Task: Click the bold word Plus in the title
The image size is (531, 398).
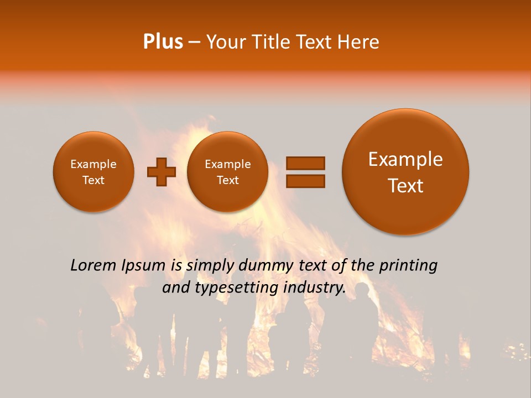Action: click(x=163, y=42)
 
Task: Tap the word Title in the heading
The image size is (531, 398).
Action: click(x=272, y=42)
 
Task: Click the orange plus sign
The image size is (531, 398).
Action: click(x=162, y=172)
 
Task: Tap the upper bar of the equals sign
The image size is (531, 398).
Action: click(x=305, y=163)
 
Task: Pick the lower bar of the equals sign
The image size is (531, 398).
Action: click(x=305, y=180)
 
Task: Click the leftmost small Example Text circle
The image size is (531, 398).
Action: click(x=93, y=172)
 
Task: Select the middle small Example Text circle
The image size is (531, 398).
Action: click(x=227, y=172)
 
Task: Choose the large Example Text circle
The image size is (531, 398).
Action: click(x=405, y=172)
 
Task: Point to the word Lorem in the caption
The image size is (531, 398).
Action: click(x=93, y=266)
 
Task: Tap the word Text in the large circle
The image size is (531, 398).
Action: click(x=405, y=186)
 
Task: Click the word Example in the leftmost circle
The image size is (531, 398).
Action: click(x=93, y=164)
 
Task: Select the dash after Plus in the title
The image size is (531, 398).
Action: click(x=194, y=43)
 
